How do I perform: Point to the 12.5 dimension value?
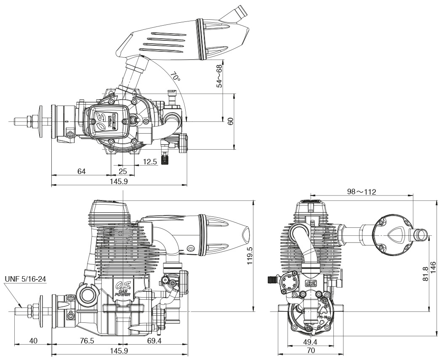[150, 162]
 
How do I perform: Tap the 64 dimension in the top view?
[82, 171]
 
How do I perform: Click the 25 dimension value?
[122, 171]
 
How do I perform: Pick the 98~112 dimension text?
[361, 192]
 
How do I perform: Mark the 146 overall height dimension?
[433, 267]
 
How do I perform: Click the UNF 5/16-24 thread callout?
[25, 279]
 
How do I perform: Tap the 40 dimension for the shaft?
[33, 341]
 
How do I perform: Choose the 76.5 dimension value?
[87, 341]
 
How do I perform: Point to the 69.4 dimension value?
[154, 341]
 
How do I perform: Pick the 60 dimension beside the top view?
[230, 121]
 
